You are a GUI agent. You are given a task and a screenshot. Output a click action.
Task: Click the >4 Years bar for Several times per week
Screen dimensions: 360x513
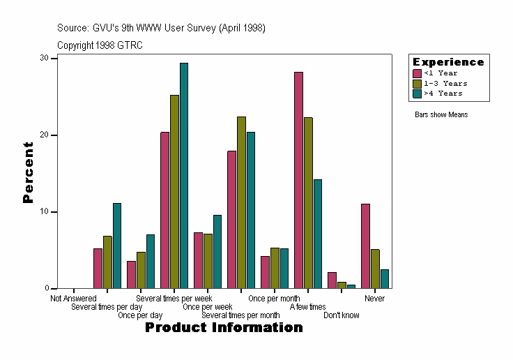coord(184,175)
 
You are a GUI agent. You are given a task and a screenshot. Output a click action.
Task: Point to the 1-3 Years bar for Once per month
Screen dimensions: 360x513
coord(275,268)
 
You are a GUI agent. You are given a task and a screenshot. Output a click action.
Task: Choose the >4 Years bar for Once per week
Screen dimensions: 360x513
coord(217,251)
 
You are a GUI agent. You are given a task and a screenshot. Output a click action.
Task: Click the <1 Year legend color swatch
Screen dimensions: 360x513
coord(418,73)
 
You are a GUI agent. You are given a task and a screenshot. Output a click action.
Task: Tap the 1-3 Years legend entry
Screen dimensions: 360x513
coord(445,83)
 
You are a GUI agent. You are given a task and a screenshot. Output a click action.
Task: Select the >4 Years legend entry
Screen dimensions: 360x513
coord(443,93)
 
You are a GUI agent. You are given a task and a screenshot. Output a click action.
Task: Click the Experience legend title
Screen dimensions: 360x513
coord(448,62)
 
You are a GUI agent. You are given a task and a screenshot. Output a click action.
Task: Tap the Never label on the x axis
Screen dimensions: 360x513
coord(374,299)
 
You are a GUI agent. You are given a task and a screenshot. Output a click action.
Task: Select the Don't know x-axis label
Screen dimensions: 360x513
coord(342,315)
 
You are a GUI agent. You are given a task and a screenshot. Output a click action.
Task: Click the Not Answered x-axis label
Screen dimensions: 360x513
coord(73,299)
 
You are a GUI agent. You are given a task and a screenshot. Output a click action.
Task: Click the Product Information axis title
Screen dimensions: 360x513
coord(224,327)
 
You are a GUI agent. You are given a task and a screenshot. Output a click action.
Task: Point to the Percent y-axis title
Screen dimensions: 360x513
coord(28,172)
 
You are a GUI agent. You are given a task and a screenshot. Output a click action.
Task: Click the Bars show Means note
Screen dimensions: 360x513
coord(441,114)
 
